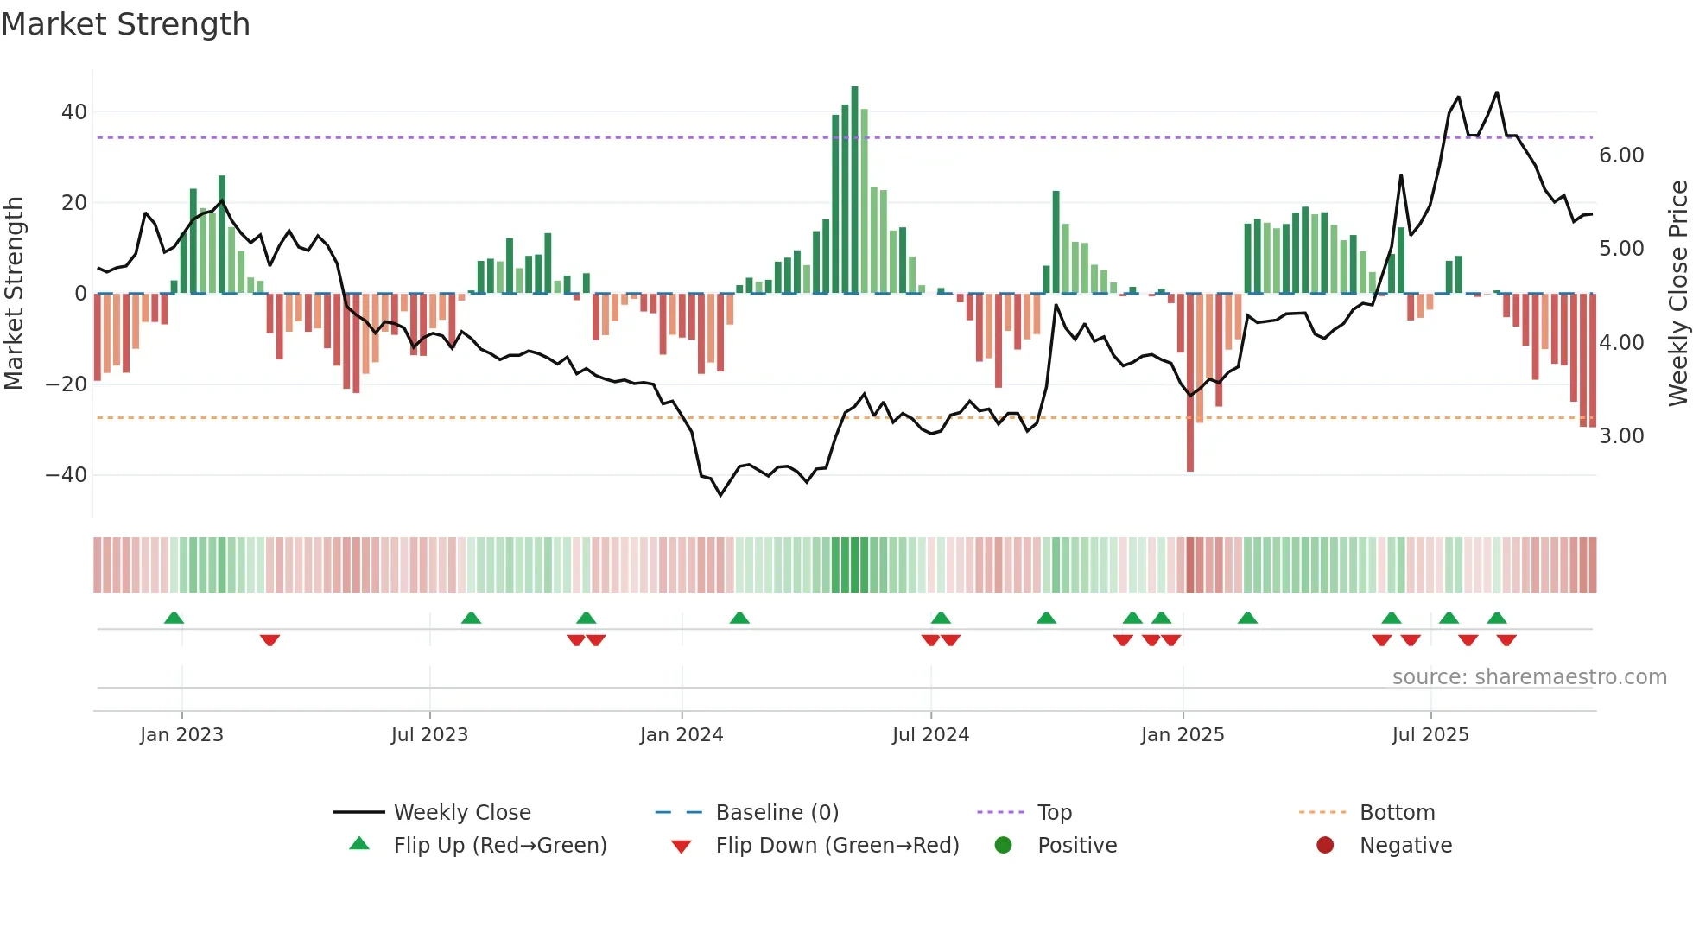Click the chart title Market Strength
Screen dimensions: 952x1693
click(125, 24)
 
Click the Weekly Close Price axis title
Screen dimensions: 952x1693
click(1677, 293)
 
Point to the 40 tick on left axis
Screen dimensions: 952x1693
click(74, 112)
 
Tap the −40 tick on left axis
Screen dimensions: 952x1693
click(67, 475)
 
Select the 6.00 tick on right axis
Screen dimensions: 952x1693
click(1621, 155)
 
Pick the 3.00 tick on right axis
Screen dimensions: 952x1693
click(1621, 436)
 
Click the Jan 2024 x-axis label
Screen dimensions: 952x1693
click(682, 735)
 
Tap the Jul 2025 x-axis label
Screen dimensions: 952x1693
click(1430, 735)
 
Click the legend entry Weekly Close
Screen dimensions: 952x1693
click(462, 813)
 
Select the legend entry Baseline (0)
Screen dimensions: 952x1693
click(777, 813)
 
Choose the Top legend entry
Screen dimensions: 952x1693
click(1055, 813)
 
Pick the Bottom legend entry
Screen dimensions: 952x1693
click(1397, 813)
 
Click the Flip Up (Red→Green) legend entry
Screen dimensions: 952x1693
click(500, 846)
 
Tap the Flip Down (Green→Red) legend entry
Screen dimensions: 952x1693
click(837, 846)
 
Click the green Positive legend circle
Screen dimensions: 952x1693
click(1003, 845)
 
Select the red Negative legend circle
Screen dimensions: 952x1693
click(1325, 845)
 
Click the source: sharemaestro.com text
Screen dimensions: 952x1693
click(1529, 677)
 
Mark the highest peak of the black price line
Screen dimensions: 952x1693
click(1497, 92)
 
